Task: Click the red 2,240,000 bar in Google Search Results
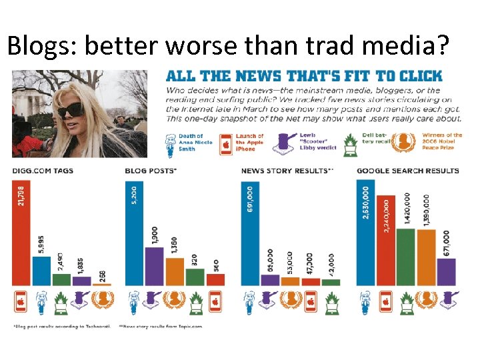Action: point(386,240)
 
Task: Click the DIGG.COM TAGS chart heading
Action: point(43,171)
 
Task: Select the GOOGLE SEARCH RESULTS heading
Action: point(408,171)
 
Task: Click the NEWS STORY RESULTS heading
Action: point(287,171)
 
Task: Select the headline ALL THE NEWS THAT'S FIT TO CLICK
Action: point(303,76)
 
